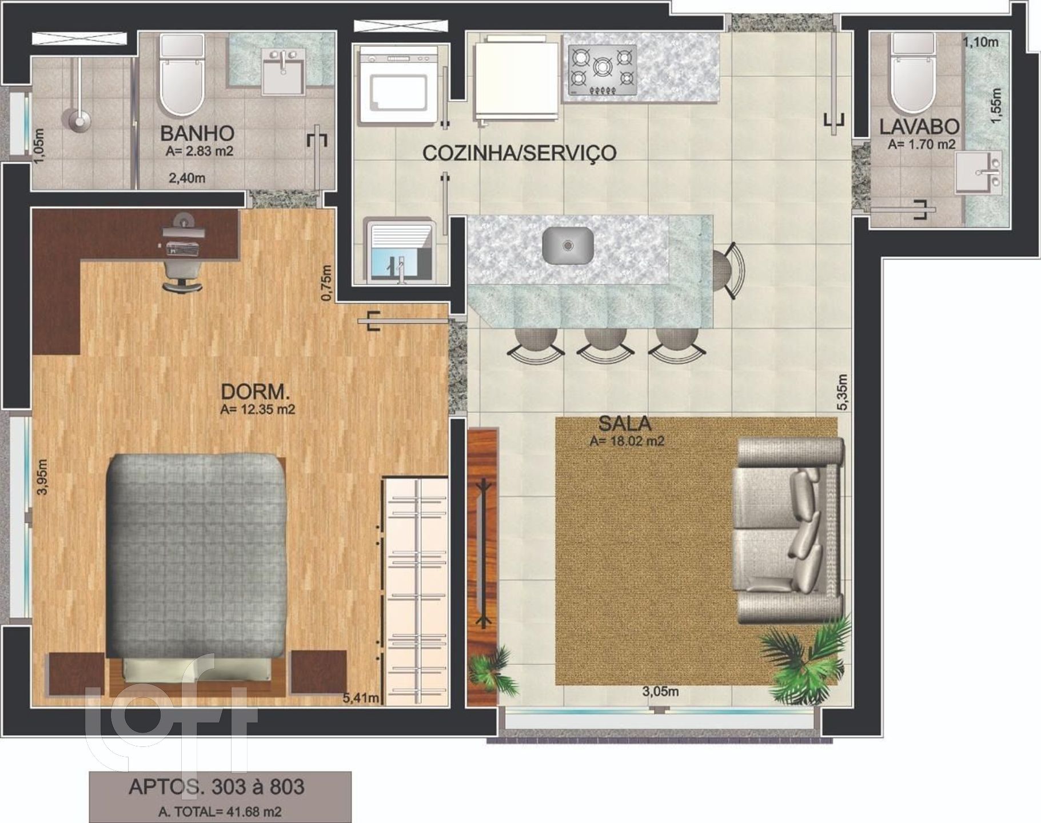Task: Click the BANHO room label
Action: pyautogui.click(x=197, y=133)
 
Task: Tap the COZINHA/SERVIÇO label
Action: pyautogui.click(x=519, y=153)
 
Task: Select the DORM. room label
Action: pyautogui.click(x=256, y=392)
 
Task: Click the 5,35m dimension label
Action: pyautogui.click(x=841, y=392)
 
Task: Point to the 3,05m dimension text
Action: pyautogui.click(x=661, y=692)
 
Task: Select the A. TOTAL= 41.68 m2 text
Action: pyautogui.click(x=220, y=811)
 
